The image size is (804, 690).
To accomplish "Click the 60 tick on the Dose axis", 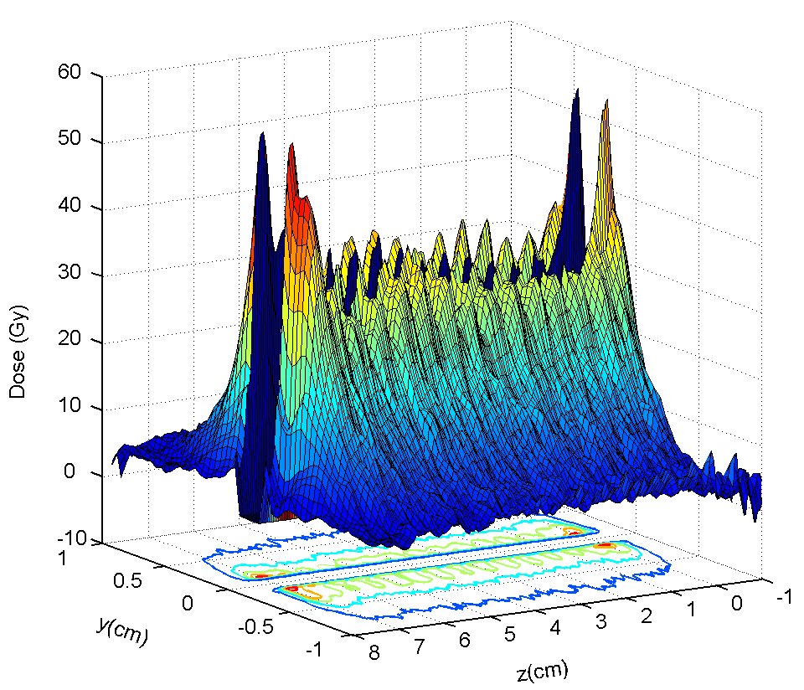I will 70,73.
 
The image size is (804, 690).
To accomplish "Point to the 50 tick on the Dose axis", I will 70,141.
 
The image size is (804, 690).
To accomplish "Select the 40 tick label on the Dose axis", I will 70,208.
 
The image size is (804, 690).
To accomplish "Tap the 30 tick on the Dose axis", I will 70,275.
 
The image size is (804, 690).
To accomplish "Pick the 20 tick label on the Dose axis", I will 70,342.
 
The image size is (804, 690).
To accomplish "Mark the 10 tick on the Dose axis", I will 70,409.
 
